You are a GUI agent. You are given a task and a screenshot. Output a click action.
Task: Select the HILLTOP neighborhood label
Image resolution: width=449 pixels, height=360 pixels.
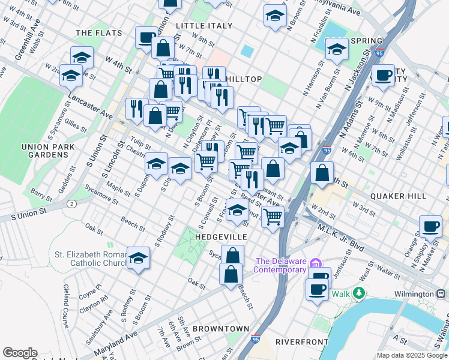(x=244, y=79)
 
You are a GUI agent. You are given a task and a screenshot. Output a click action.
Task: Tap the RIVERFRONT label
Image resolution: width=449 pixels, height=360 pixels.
(x=302, y=341)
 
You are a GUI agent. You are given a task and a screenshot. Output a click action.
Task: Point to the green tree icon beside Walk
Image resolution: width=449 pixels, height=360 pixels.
(x=359, y=293)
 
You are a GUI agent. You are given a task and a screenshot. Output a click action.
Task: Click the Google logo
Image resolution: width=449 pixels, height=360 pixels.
(x=20, y=353)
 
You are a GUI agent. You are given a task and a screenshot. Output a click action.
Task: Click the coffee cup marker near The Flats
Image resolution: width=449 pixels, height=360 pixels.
(x=146, y=38)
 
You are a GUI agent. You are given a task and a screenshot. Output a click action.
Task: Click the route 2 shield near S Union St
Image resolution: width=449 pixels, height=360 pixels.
(x=72, y=204)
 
